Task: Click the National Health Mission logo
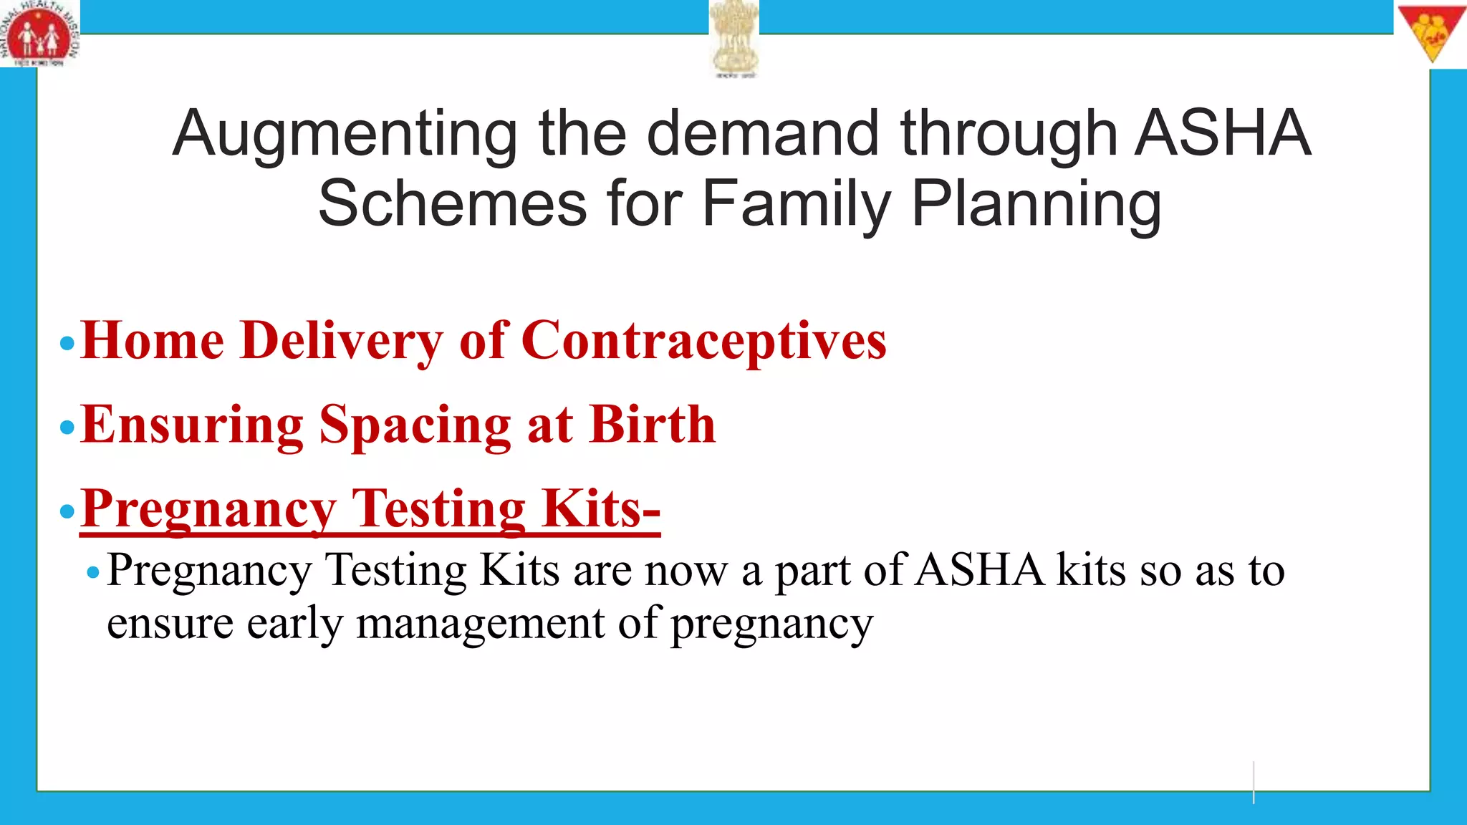tap(39, 34)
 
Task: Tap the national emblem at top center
tap(734, 37)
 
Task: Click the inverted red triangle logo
tap(1432, 33)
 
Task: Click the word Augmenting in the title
tap(345, 134)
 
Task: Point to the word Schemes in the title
tap(452, 204)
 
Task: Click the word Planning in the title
tap(1036, 204)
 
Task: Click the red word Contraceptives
tap(703, 340)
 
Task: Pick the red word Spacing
tap(415, 425)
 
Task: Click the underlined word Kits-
tap(600, 508)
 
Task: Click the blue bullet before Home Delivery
tap(67, 344)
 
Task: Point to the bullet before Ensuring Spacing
tap(67, 428)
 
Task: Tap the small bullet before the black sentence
tap(92, 572)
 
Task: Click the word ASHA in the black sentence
tap(979, 571)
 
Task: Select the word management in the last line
tap(480, 623)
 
